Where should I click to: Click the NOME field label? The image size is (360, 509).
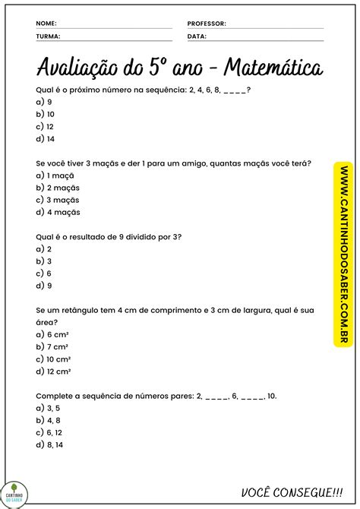pos(46,24)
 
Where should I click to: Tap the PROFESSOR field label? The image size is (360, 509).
pos(207,24)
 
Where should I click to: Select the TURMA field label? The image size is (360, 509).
pos(48,36)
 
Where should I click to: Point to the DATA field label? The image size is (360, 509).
pos(197,36)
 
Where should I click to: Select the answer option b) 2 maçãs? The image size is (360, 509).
pos(58,187)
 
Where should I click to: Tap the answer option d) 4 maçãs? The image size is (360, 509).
pos(58,212)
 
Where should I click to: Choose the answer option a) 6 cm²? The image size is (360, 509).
pos(52,334)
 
